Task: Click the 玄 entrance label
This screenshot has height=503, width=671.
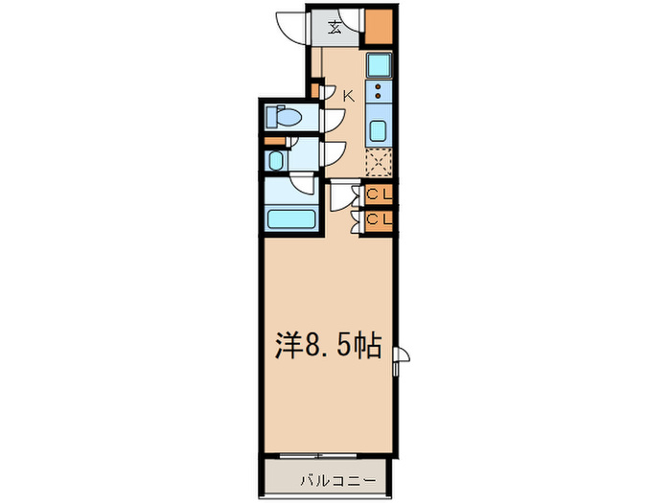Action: pos(337,26)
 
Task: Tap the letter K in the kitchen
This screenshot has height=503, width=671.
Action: pos(348,95)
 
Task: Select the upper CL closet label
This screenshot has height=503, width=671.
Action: pos(381,194)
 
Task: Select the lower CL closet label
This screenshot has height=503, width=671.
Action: pos(381,219)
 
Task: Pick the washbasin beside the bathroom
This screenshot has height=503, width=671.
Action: pos(276,159)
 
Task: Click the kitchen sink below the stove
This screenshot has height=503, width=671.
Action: pos(379,131)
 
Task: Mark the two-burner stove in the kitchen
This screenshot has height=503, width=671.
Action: pos(379,93)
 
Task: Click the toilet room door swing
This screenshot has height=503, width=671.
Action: pos(334,118)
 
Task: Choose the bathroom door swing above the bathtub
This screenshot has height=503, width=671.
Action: pos(304,186)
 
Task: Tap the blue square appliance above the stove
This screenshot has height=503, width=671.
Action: pos(380,66)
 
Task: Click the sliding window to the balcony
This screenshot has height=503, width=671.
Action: pos(330,454)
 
